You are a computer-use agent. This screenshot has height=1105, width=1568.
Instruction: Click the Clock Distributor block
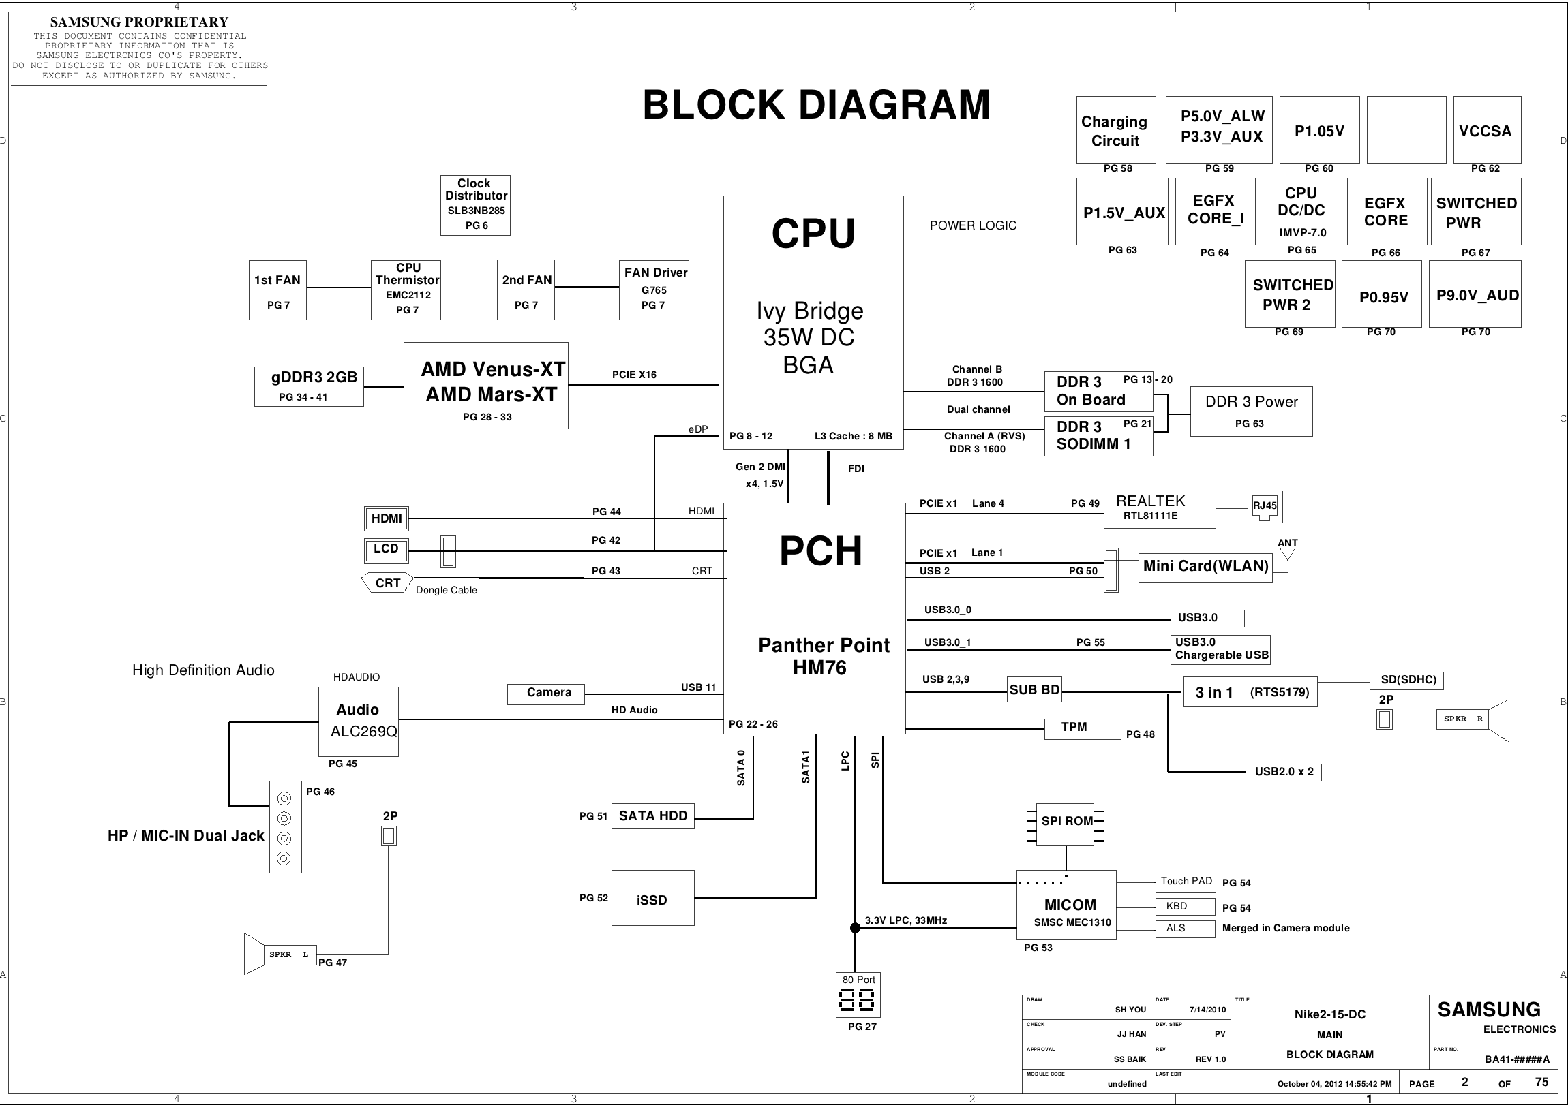tap(475, 205)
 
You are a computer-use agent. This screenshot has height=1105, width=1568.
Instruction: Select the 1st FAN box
tap(277, 290)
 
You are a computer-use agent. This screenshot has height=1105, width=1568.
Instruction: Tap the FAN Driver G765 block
tap(654, 290)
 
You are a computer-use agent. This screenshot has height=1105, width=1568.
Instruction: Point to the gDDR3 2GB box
tap(309, 386)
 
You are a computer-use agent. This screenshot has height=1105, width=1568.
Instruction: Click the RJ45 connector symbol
tap(1264, 506)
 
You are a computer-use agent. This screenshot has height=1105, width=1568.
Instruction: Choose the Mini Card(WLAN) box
tap(1205, 567)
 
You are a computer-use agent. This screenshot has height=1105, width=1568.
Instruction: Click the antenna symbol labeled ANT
tap(1287, 553)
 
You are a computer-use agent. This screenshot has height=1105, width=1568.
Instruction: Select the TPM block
tap(1082, 728)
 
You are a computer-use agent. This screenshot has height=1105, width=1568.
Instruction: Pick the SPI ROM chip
tap(1066, 822)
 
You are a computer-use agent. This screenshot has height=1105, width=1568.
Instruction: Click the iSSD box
tap(652, 898)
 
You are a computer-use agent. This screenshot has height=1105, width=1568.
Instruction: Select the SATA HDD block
tap(652, 816)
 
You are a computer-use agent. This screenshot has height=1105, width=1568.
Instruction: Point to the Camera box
tap(547, 694)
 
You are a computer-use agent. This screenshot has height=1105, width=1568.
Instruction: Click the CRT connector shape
tap(387, 583)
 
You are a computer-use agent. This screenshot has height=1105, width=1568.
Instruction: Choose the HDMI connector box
tap(387, 518)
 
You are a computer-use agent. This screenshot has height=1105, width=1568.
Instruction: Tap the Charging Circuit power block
tap(1115, 130)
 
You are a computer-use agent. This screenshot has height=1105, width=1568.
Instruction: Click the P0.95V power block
tap(1382, 294)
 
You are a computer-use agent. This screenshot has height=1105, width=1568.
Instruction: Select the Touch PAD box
tap(1186, 882)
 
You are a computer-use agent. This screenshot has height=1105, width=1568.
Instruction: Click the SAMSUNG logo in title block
tap(1489, 1010)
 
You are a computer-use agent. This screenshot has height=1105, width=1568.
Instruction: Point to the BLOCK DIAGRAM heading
tap(816, 105)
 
